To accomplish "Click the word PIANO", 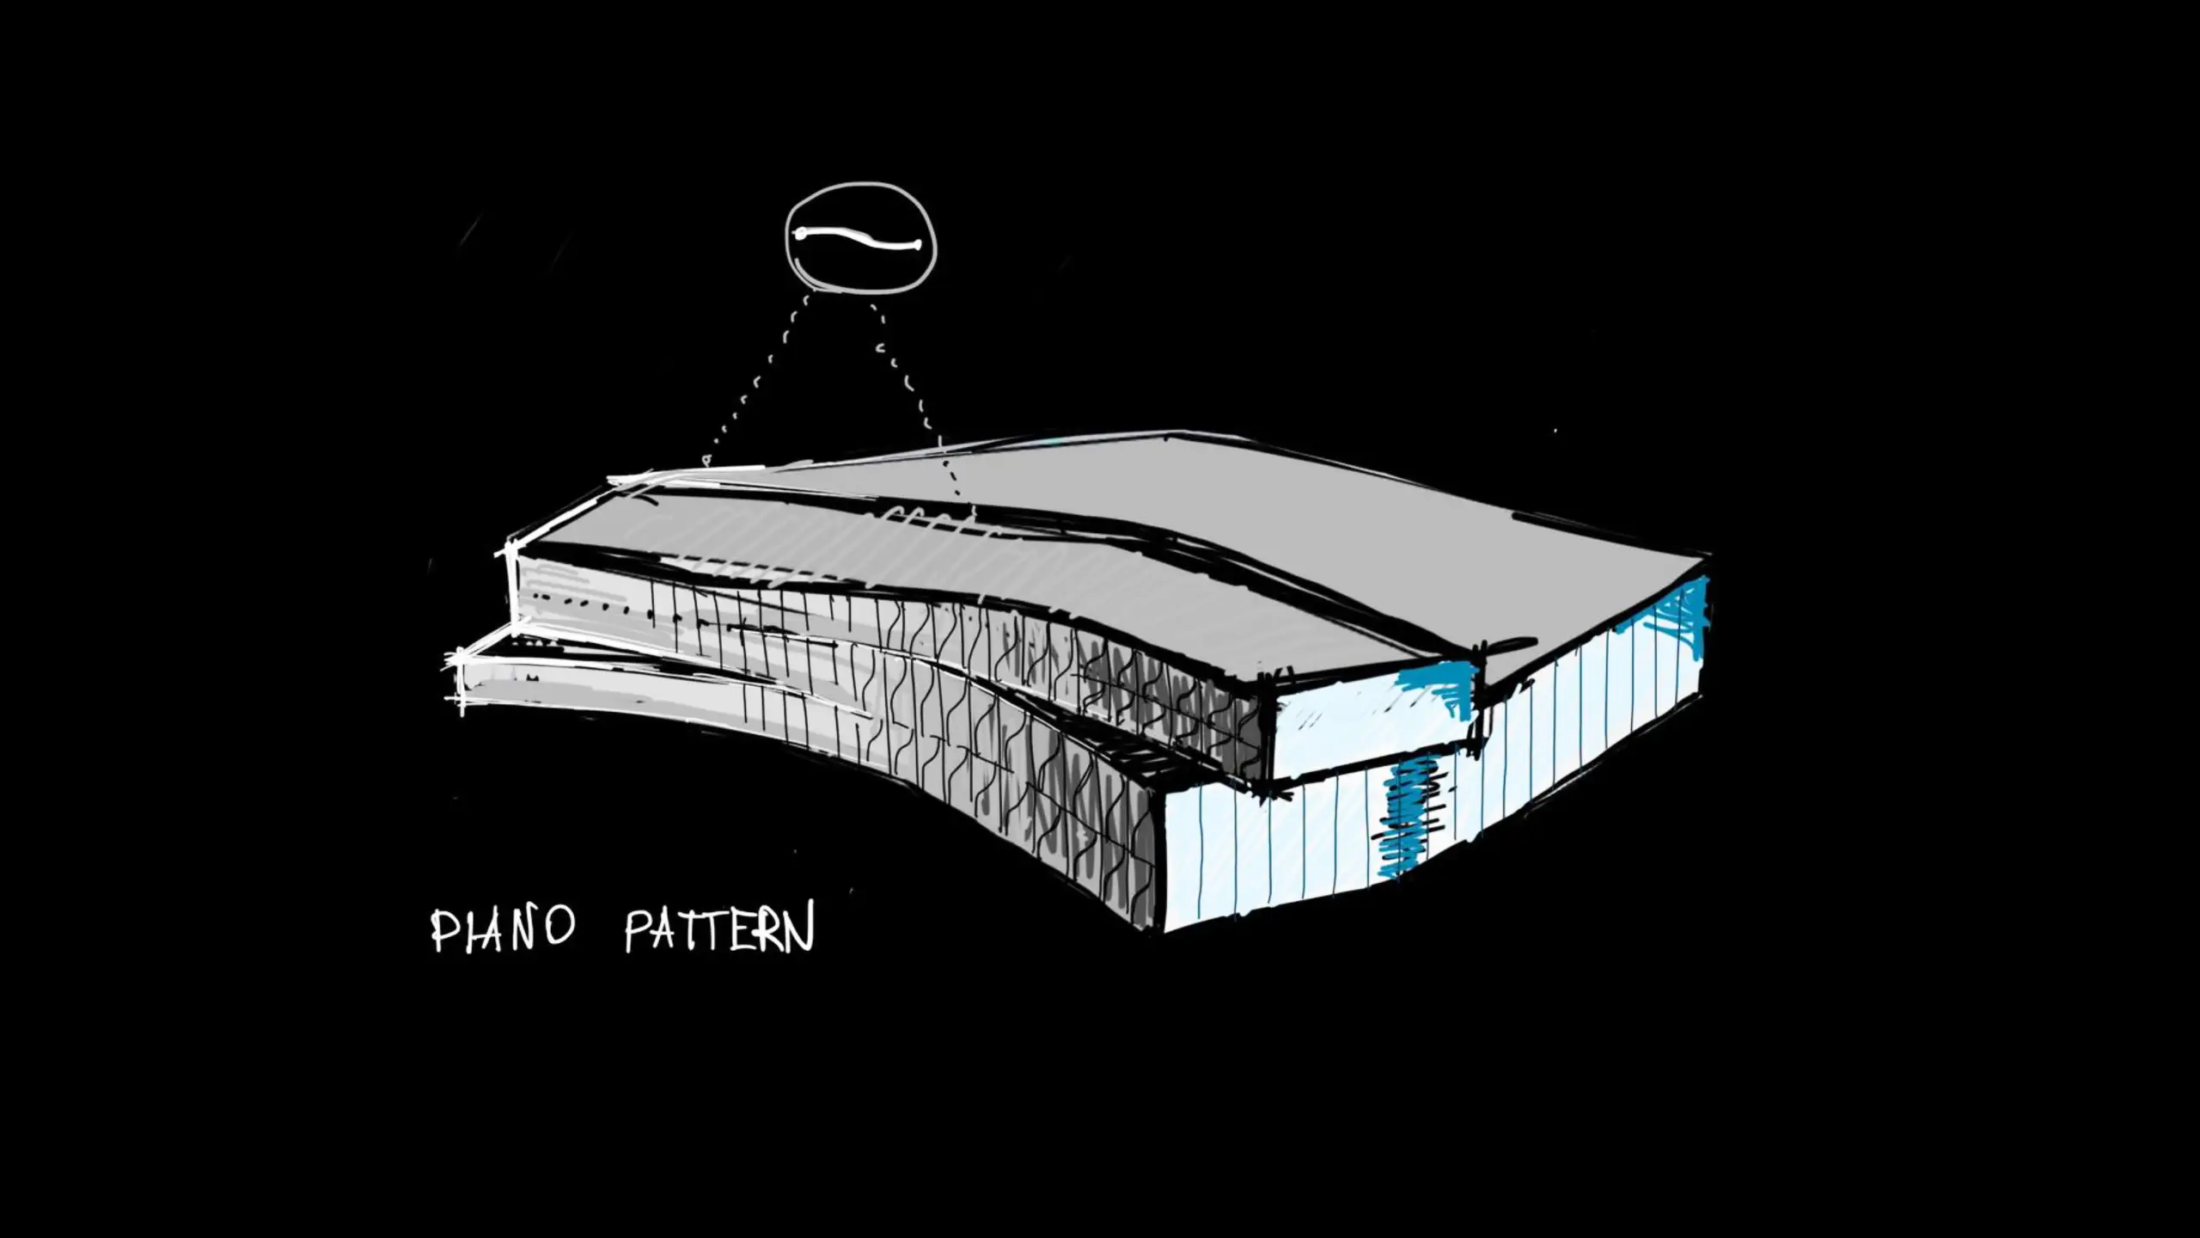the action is [x=502, y=929].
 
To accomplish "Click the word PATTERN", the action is [x=718, y=929].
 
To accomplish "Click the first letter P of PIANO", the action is [x=442, y=931].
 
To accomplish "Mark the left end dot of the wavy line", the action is [x=800, y=233].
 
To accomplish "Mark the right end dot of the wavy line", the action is [x=918, y=246].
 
